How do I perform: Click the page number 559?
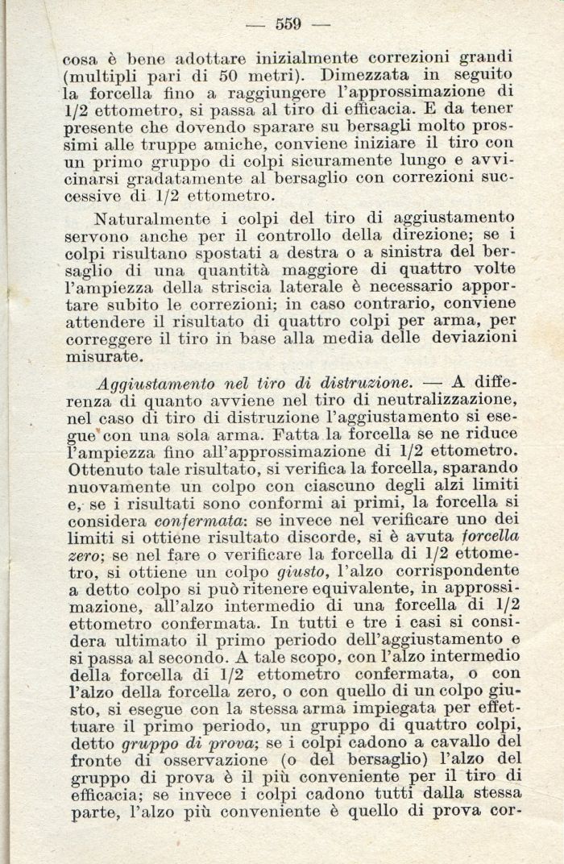[x=288, y=24]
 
